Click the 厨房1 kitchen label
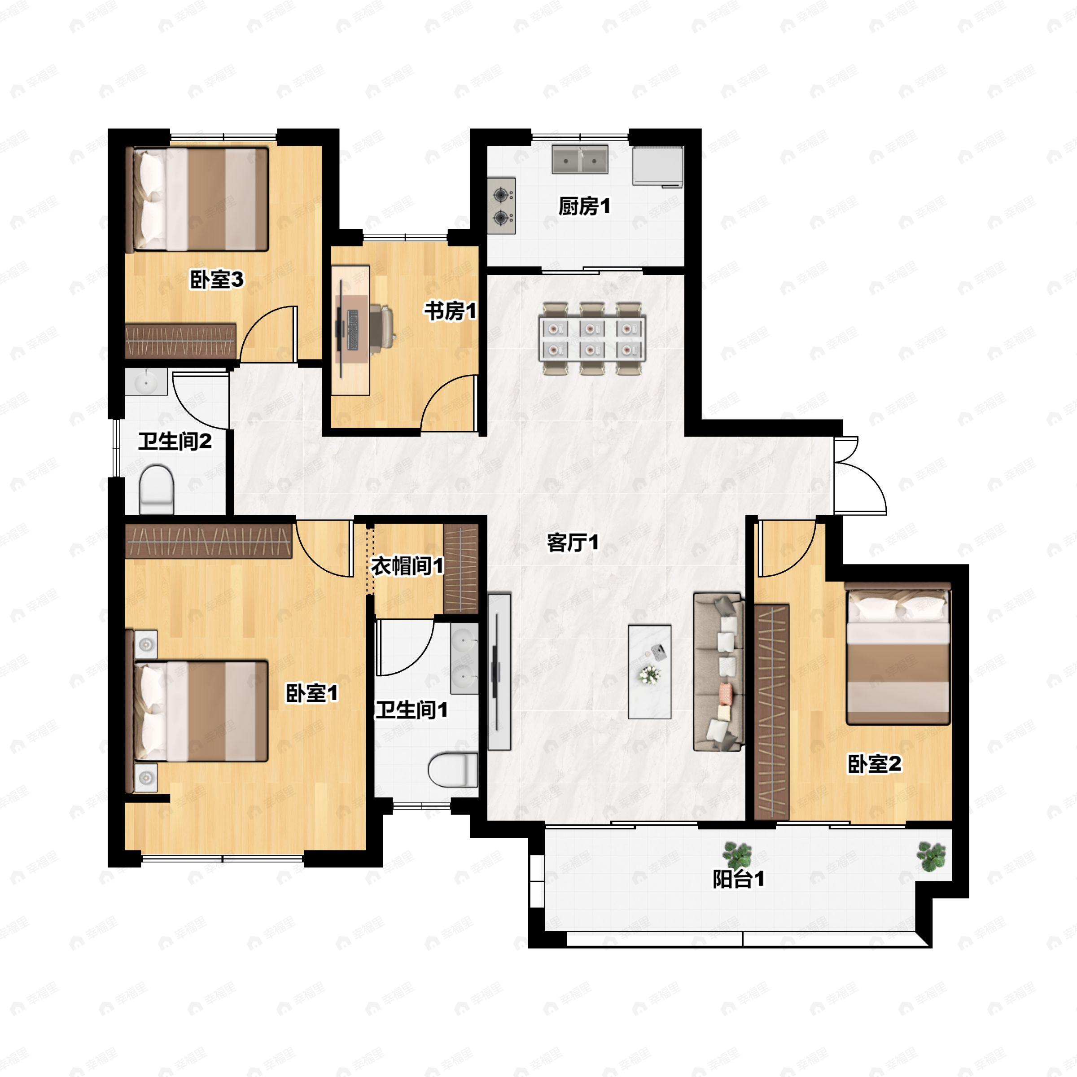coord(584,206)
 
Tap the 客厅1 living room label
coord(573,543)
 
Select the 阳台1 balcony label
coord(739,879)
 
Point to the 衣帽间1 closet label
coord(407,566)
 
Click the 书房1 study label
coord(451,311)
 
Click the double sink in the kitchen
coord(580,159)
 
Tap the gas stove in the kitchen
coord(502,206)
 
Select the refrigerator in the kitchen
coord(658,166)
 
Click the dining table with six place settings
coord(591,338)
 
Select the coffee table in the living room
coord(649,672)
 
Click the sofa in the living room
coord(719,672)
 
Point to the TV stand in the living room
coord(499,672)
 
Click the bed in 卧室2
coord(897,653)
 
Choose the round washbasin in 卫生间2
coord(146,382)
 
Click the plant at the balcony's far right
coord(932,856)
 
